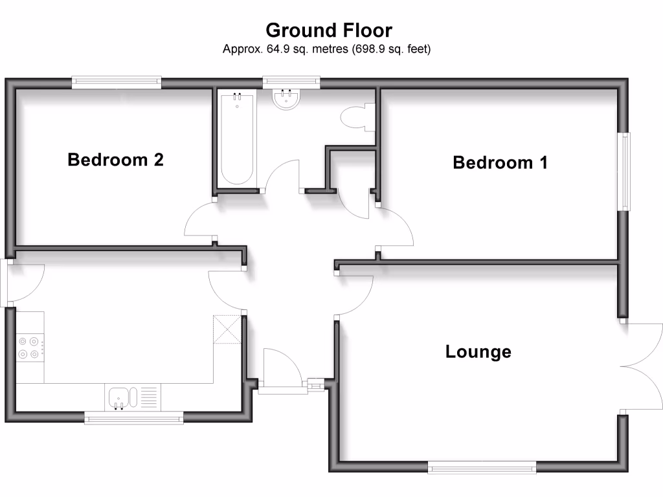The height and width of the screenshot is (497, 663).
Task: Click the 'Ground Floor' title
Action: click(329, 30)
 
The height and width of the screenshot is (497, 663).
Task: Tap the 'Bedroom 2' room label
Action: click(115, 159)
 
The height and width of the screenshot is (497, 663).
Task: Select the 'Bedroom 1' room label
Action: click(500, 162)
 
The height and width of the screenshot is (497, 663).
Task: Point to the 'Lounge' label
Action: click(478, 351)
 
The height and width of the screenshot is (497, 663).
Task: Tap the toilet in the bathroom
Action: click(355, 118)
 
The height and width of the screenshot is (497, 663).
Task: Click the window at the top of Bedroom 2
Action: click(117, 82)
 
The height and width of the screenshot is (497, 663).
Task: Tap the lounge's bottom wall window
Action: click(481, 466)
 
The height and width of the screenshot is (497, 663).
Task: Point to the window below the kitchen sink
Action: click(134, 419)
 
